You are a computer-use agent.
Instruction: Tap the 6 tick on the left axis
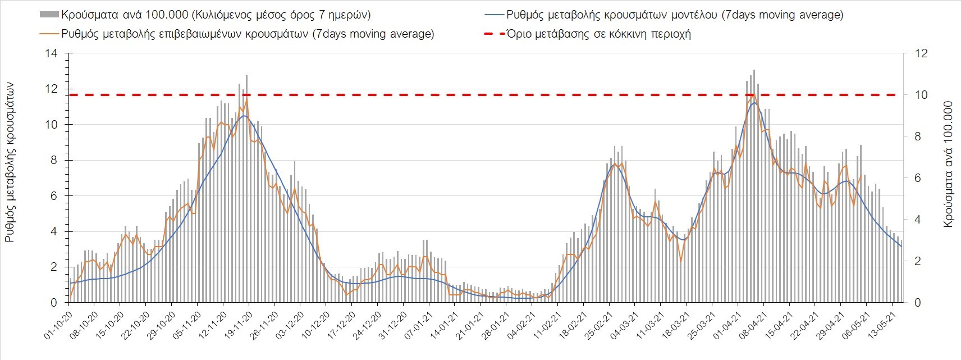pyautogui.click(x=54, y=196)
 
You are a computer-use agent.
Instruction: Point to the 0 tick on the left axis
pyautogui.click(x=54, y=303)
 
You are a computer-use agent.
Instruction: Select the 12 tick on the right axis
pyautogui.click(x=921, y=54)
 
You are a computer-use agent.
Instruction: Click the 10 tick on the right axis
pyautogui.click(x=921, y=95)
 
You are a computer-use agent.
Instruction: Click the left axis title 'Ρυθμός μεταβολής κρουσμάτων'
pyautogui.click(x=10, y=162)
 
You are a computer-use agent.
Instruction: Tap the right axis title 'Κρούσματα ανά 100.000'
pyautogui.click(x=948, y=164)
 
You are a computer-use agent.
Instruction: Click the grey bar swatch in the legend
pyautogui.click(x=49, y=15)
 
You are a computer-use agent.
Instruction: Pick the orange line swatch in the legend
pyautogui.click(x=49, y=34)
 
